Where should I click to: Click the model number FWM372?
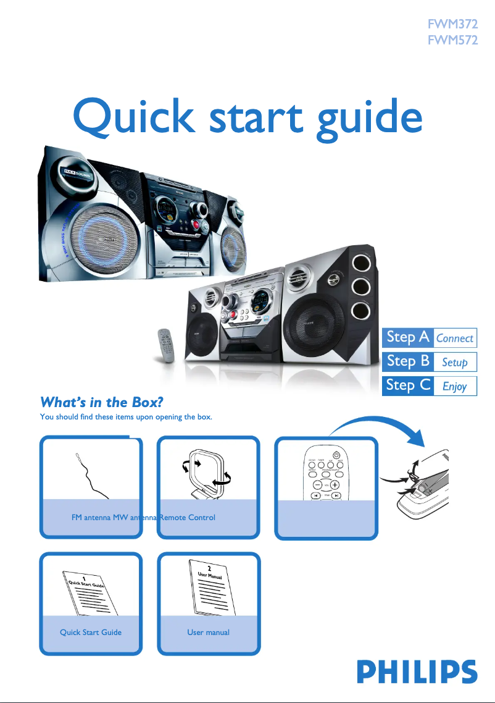pos(452,25)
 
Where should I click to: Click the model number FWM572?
pos(452,41)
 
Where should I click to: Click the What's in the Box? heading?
pos(101,403)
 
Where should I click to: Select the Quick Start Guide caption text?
pos(91,632)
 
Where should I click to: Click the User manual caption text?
pos(209,632)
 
